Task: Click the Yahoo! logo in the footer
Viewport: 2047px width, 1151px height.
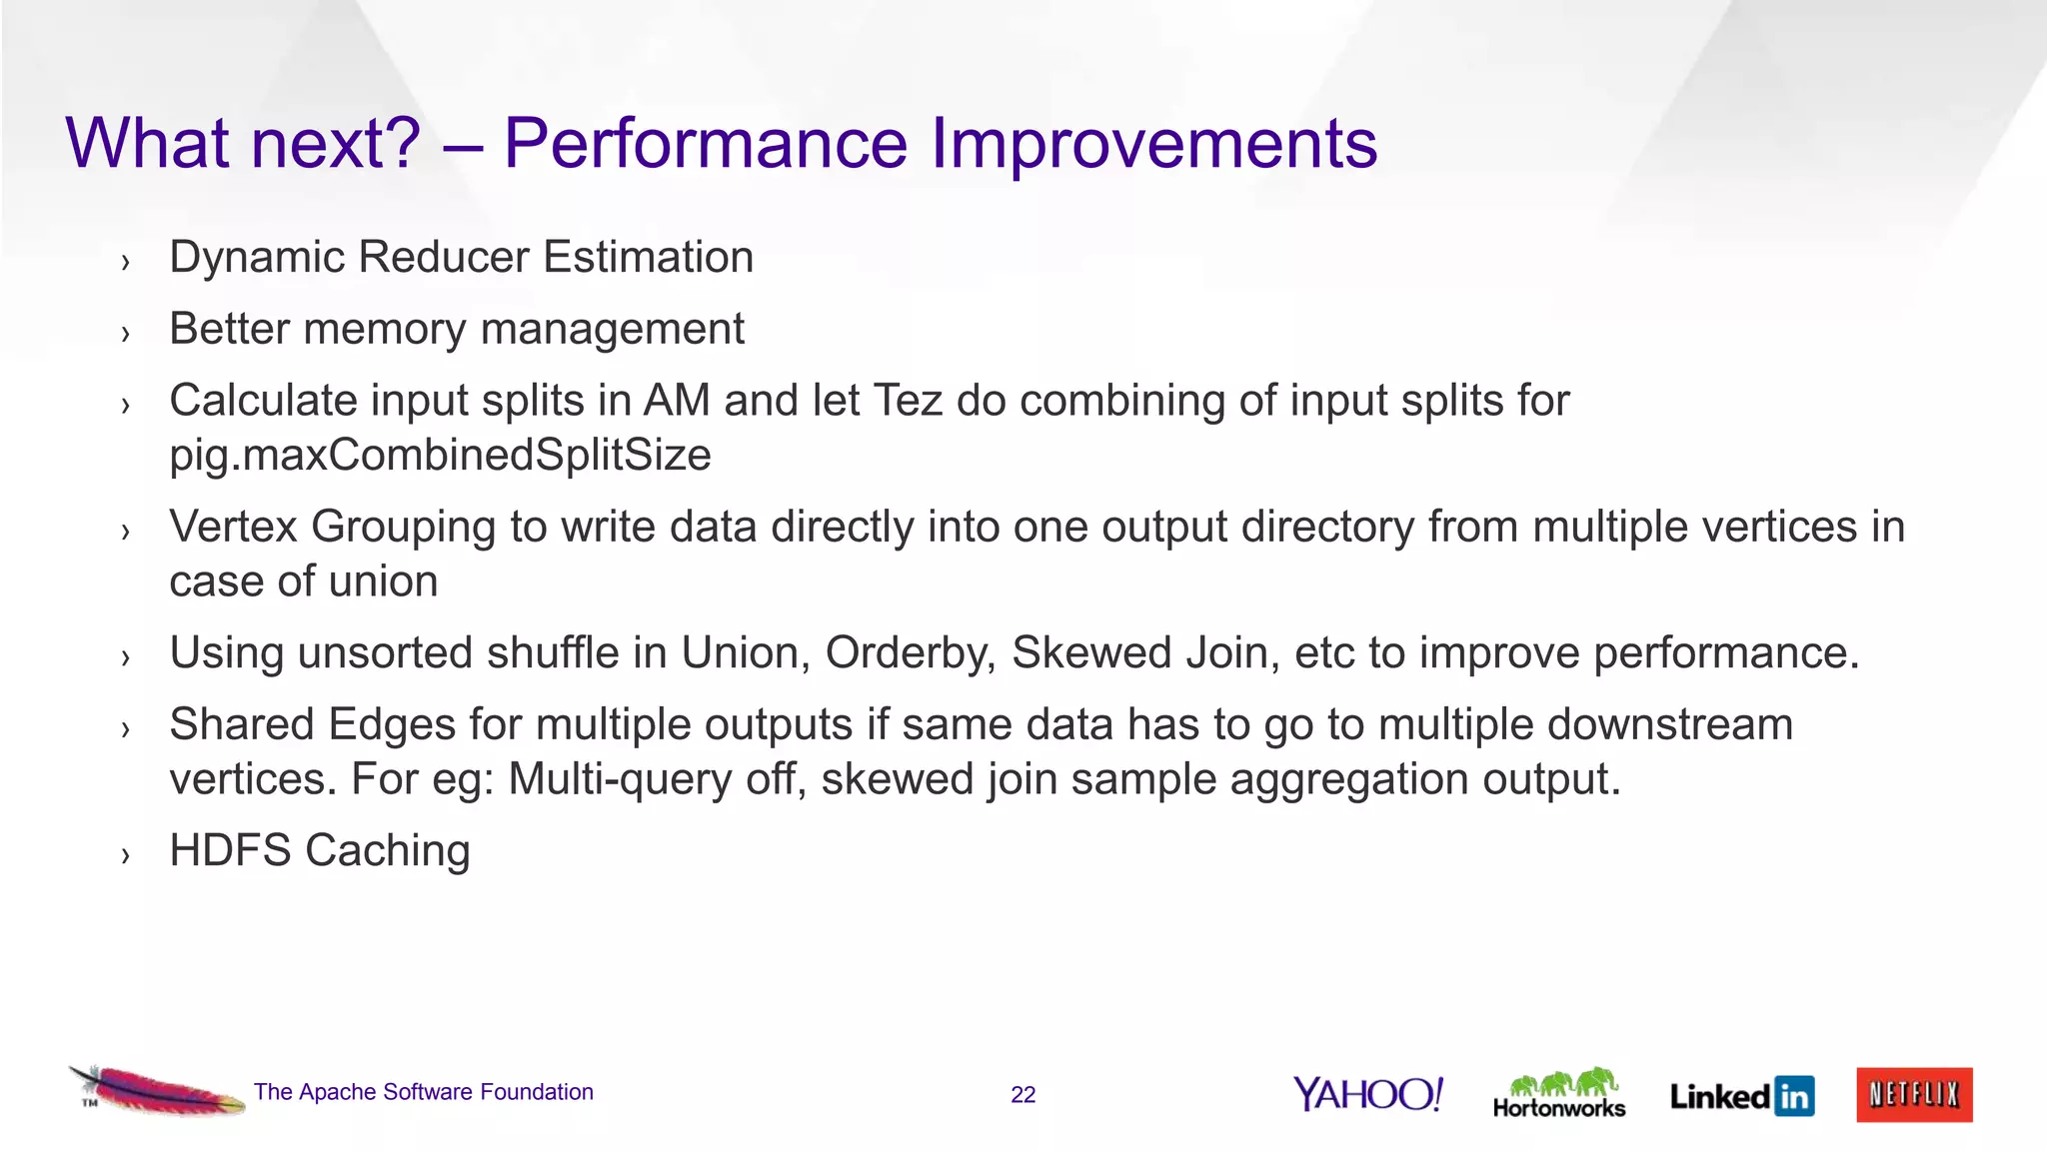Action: tap(1367, 1094)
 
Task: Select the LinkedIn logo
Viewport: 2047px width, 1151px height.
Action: tap(1741, 1096)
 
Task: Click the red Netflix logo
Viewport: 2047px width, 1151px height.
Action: tap(1914, 1094)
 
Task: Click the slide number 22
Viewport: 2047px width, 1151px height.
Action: tap(1023, 1095)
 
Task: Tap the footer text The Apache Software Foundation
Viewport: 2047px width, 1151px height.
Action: tap(423, 1092)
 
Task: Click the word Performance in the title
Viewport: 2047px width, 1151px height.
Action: tap(705, 143)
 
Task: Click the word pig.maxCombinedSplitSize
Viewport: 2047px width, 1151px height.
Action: tap(440, 456)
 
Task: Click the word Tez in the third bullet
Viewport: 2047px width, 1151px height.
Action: tap(908, 401)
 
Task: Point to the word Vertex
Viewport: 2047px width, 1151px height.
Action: tap(233, 527)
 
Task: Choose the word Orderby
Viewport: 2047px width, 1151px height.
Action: tap(910, 653)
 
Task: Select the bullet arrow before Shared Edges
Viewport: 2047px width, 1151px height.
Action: tap(125, 729)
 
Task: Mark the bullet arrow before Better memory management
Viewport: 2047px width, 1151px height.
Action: tap(125, 334)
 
